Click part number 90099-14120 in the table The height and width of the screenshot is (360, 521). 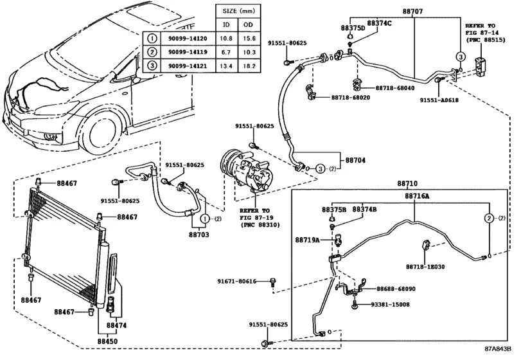tap(188, 39)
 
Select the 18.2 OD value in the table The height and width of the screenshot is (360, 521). tap(249, 66)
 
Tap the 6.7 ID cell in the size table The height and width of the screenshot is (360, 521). tap(226, 52)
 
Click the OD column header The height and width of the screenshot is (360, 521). tap(248, 24)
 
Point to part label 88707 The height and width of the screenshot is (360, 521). tap(412, 12)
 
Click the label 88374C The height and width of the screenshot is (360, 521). tap(379, 23)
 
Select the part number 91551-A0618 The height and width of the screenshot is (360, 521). tap(439, 100)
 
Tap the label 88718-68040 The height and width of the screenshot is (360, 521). tap(395, 88)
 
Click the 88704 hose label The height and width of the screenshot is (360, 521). tap(355, 160)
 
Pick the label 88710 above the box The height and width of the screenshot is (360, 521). tap(407, 183)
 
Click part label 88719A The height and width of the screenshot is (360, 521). tap(307, 240)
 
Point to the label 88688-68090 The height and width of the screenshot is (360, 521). tap(396, 289)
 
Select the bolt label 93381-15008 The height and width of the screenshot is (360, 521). tap(390, 305)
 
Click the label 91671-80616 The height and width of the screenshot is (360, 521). tap(237, 281)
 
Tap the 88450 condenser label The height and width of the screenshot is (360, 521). tap(108, 341)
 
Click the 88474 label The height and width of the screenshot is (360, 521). tap(117, 325)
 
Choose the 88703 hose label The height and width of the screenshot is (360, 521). tap(199, 235)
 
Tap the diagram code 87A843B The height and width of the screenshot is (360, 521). tap(497, 348)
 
